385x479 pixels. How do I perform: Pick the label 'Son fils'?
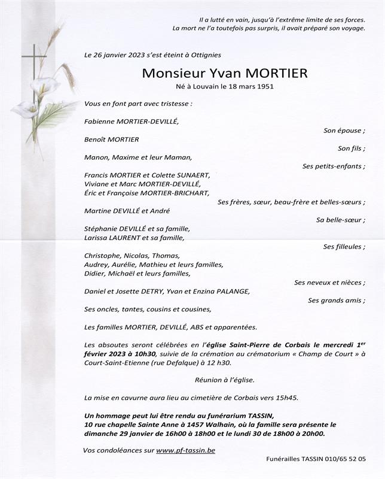coord(351,148)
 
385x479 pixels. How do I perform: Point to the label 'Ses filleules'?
coord(344,247)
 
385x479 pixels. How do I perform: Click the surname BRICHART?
coord(192,193)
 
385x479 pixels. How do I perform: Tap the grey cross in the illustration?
coord(33,78)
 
